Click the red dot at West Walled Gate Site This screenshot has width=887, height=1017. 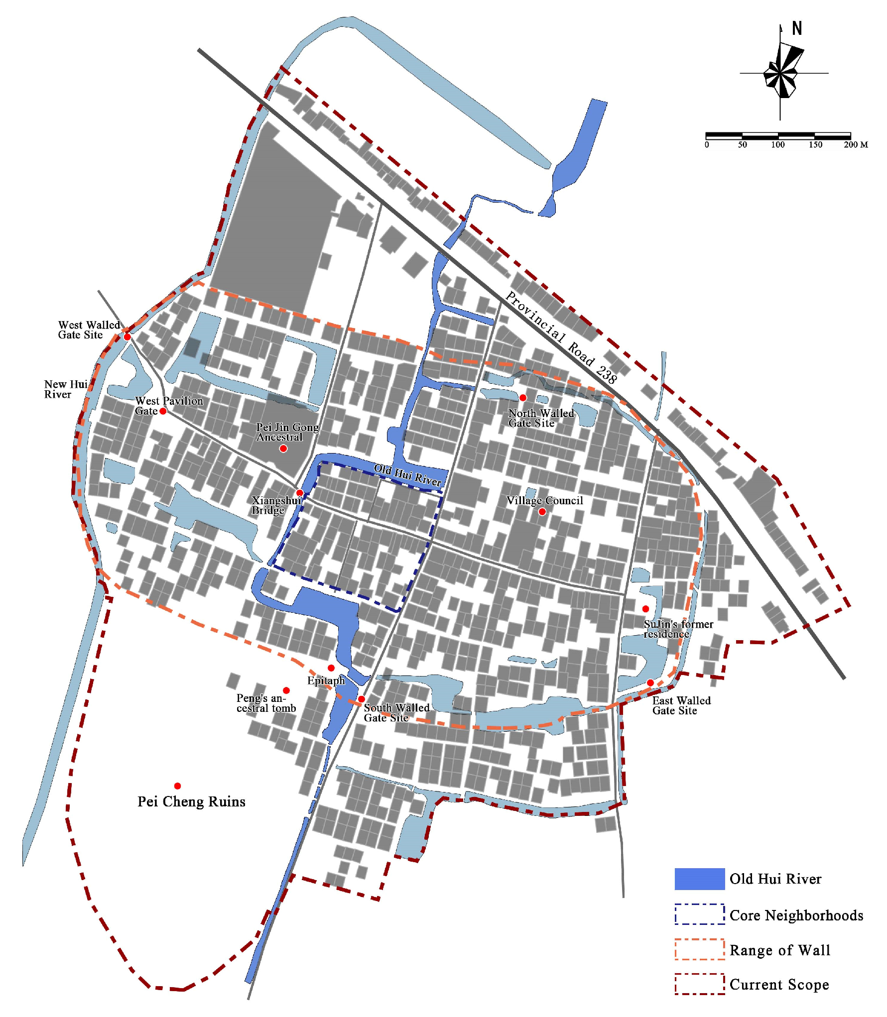pos(127,337)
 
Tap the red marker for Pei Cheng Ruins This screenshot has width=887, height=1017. pos(177,786)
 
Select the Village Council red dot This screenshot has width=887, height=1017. pos(542,511)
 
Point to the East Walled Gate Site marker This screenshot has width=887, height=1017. pos(650,682)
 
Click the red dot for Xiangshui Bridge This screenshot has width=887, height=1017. pos(299,493)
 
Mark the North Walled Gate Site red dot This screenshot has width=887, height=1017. pos(523,398)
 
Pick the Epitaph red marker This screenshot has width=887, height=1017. pos(331,668)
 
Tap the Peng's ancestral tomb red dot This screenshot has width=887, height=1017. pos(286,690)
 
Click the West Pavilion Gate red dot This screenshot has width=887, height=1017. pos(163,411)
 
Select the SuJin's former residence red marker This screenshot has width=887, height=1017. pos(645,609)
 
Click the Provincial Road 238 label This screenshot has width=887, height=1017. pos(561,338)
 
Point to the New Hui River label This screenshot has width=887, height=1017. pos(65,389)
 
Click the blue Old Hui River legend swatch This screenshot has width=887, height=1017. pos(699,879)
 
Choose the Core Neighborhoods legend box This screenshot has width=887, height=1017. pos(699,914)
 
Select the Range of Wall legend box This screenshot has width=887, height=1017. pos(699,949)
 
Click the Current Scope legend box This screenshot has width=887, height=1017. pos(699,984)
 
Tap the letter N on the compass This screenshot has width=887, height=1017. pos(797,28)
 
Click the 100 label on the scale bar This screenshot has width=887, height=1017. pos(778,145)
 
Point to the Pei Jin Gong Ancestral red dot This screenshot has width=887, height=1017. pos(283,449)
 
